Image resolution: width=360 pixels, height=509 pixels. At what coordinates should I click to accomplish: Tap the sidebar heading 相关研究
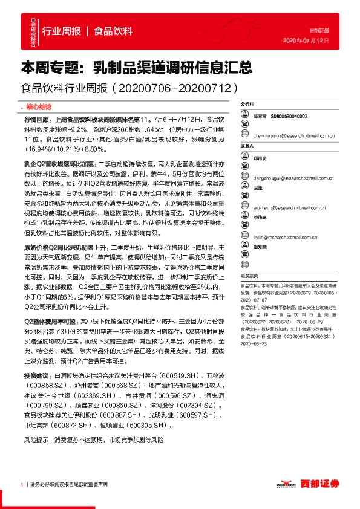(x=249, y=258)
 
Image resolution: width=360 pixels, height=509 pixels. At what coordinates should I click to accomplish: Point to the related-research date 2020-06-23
(x=254, y=342)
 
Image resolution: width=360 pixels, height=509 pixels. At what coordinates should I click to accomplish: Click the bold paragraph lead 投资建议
(x=37, y=377)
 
